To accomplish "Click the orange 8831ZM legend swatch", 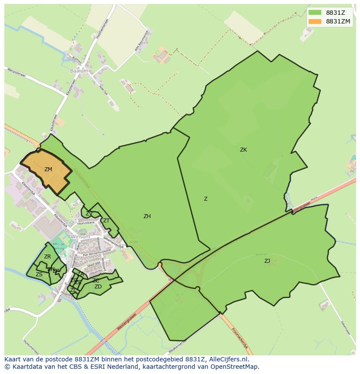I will click(x=315, y=21).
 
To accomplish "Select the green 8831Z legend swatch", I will click(x=315, y=13).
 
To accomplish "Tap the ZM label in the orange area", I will click(x=48, y=169).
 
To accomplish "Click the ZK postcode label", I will click(x=243, y=150).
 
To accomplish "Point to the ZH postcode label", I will click(x=147, y=216).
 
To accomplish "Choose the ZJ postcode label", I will click(x=267, y=261).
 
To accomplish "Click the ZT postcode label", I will click(x=106, y=221).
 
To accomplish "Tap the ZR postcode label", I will click(x=47, y=257).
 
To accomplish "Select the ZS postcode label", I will click(x=39, y=275).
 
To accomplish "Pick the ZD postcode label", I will click(x=98, y=287).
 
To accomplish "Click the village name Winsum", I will click(x=80, y=237).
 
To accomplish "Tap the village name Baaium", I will click(x=79, y=70).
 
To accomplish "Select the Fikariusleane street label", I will click(x=86, y=223).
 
